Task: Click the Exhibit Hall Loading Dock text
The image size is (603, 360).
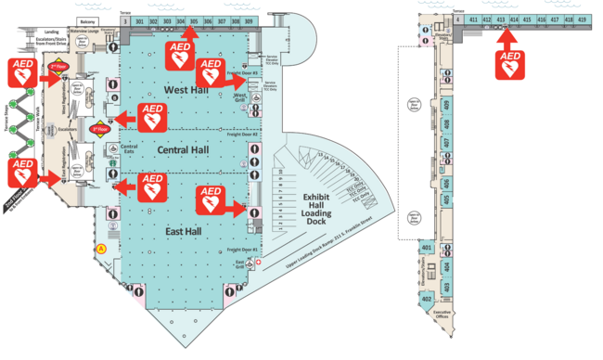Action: (326, 210)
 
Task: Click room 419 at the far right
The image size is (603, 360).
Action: (582, 19)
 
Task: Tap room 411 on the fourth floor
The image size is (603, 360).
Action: (473, 19)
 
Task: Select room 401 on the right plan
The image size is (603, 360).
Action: (428, 248)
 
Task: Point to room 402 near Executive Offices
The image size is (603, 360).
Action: (428, 299)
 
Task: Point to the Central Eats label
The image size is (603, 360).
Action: (130, 148)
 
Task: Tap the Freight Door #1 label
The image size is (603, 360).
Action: (241, 250)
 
